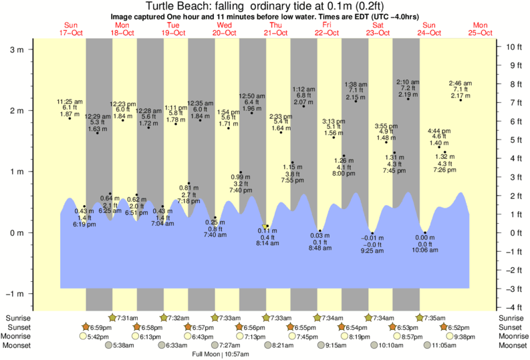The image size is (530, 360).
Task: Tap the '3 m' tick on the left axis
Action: click(x=17, y=49)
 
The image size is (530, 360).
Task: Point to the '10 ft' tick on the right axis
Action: click(x=513, y=47)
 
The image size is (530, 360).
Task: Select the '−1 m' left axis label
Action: click(x=15, y=294)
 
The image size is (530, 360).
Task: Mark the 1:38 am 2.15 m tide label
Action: click(x=356, y=91)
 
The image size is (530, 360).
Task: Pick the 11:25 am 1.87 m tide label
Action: click(x=69, y=108)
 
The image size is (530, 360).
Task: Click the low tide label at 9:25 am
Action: click(x=372, y=245)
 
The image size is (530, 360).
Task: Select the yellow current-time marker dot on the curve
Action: click(x=266, y=226)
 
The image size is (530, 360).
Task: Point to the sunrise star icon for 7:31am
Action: click(x=112, y=318)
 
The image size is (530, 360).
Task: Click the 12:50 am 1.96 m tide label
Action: click(x=251, y=102)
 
